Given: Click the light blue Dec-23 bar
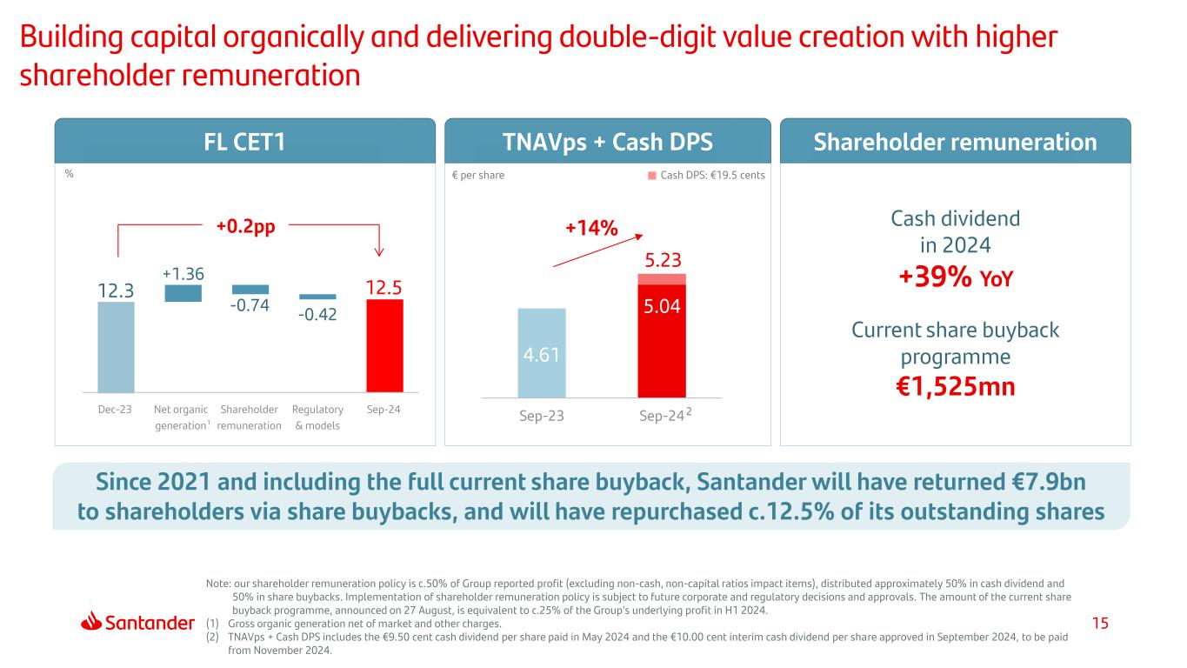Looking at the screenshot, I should [x=116, y=346].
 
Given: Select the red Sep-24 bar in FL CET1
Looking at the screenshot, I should [x=384, y=345].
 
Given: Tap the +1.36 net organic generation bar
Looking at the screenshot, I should [x=183, y=294].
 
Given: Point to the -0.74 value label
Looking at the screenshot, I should [x=250, y=305].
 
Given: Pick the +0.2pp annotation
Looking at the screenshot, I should [x=245, y=226].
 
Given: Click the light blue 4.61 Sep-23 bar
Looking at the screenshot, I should [x=541, y=351].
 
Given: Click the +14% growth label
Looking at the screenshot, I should [x=591, y=228].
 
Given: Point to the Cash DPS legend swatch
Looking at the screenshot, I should [x=651, y=175].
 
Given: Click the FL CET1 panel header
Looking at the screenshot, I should [x=244, y=141].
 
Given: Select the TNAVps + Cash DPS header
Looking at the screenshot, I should [x=607, y=141].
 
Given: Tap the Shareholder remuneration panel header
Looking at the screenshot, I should [x=955, y=141].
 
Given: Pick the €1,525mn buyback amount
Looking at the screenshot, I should [x=955, y=386].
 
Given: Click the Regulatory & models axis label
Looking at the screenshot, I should [x=317, y=417].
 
